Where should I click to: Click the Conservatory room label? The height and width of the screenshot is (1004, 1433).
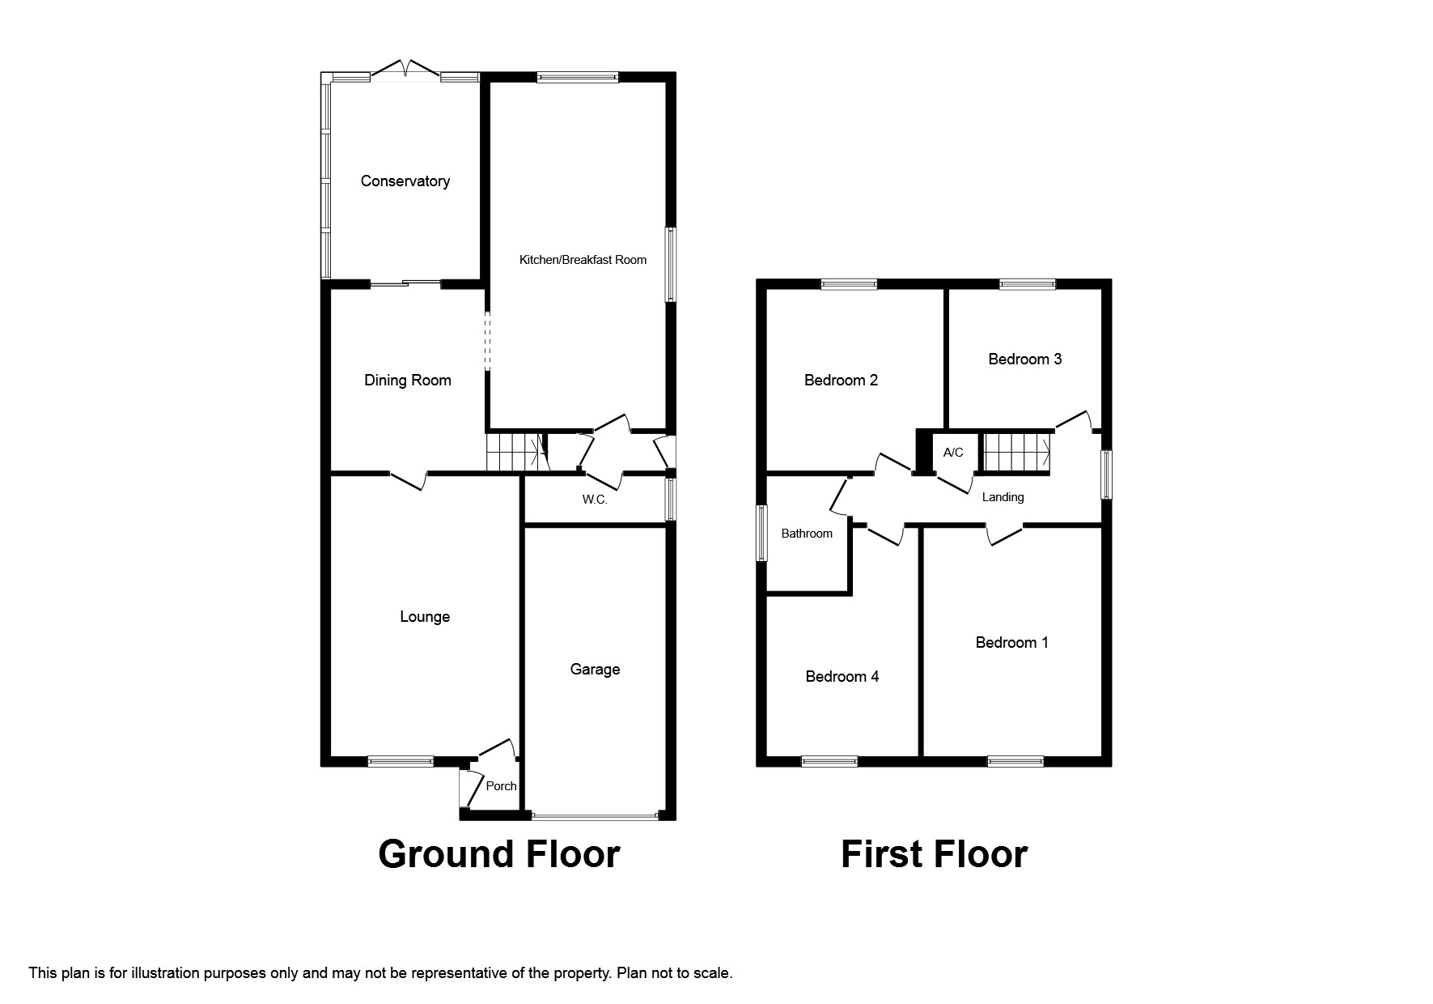[x=405, y=181]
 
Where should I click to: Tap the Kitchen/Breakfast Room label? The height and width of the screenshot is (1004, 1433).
[x=583, y=260]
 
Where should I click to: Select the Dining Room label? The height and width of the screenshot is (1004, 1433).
[x=408, y=381]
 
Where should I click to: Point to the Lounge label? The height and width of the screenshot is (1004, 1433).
[x=425, y=617]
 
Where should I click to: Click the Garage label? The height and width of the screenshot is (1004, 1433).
[x=595, y=670]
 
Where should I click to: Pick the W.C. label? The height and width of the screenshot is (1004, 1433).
[x=595, y=500]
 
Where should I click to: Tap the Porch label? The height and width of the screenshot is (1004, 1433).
[x=501, y=786]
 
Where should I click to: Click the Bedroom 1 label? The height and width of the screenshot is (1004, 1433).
[x=1011, y=643]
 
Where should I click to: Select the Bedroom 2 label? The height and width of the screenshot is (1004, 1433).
[x=841, y=381]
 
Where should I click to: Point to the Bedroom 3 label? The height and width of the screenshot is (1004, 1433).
[x=1024, y=359]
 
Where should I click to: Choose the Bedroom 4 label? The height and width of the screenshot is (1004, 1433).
[x=842, y=677]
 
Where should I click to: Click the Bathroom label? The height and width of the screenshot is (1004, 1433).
[x=807, y=534]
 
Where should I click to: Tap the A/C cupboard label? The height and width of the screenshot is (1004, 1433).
[x=953, y=453]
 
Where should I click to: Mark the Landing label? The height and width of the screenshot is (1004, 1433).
[x=1003, y=497]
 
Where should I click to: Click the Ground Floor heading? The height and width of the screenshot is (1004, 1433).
[x=498, y=854]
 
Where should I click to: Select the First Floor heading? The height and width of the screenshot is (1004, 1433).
[x=934, y=854]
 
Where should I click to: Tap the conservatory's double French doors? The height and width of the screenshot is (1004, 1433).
[x=406, y=71]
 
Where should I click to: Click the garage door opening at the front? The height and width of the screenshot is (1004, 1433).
[x=595, y=816]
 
